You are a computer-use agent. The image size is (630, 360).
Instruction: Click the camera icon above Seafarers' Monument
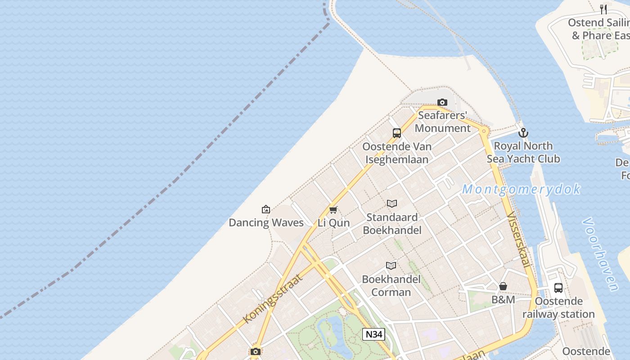[442, 103]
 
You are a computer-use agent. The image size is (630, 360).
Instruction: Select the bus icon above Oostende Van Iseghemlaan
[396, 133]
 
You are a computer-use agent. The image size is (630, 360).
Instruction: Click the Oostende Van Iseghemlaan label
[397, 153]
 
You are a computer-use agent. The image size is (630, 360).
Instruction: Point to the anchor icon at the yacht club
[523, 133]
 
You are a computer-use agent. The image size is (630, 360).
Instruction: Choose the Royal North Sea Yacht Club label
[523, 152]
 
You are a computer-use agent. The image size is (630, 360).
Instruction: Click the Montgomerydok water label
[521, 189]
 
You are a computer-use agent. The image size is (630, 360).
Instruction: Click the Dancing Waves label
[266, 222]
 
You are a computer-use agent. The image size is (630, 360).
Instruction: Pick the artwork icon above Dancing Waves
[266, 209]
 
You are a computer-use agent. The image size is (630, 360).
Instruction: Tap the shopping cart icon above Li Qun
[333, 210]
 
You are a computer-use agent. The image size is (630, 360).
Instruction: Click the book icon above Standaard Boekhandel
[392, 203]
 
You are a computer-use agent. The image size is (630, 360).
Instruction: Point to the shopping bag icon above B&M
[503, 286]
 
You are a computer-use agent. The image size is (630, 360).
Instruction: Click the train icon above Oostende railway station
[558, 288]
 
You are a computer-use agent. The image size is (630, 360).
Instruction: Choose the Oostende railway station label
[558, 307]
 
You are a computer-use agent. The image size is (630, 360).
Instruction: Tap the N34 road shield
[373, 334]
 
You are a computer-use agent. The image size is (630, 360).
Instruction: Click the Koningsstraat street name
[272, 298]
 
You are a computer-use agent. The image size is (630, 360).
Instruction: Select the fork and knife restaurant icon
[603, 9]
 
